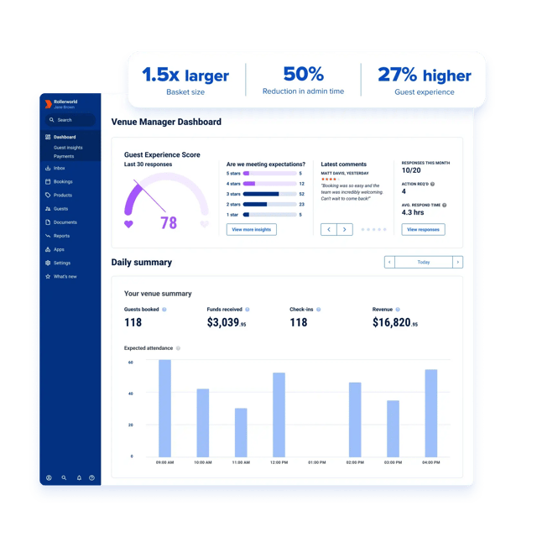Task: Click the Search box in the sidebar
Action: tap(70, 120)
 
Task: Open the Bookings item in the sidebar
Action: tap(63, 181)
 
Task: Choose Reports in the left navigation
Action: tap(61, 236)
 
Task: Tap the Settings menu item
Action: tap(62, 263)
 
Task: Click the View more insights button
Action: tap(252, 229)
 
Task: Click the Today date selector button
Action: tap(424, 262)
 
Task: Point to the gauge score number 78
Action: tap(169, 222)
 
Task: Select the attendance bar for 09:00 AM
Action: tap(165, 408)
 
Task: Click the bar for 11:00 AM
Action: tap(241, 432)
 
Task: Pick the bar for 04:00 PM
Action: tap(431, 413)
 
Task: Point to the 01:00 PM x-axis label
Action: tap(317, 462)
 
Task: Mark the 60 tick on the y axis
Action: tap(131, 362)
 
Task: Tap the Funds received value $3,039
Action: tap(227, 322)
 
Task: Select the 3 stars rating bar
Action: tap(270, 194)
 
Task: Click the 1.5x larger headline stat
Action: tap(185, 76)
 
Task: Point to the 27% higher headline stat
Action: tap(424, 76)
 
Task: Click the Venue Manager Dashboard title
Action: tap(166, 122)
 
